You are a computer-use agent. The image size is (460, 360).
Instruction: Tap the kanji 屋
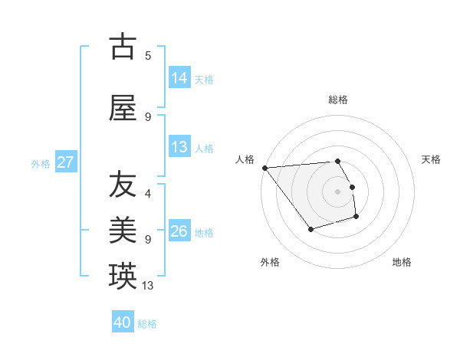pyautogui.click(x=123, y=108)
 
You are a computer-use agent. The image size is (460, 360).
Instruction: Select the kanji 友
pyautogui.click(x=123, y=185)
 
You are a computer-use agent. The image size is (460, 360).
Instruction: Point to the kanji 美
pyautogui.click(x=123, y=231)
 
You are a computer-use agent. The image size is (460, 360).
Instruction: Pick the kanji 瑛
pyautogui.click(x=123, y=277)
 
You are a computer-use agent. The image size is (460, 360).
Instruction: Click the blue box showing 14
pyautogui.click(x=180, y=78)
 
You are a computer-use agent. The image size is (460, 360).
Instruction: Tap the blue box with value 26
pyautogui.click(x=180, y=231)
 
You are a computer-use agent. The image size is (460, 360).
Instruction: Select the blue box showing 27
pyautogui.click(x=66, y=162)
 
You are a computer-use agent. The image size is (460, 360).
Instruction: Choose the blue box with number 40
pyautogui.click(x=123, y=322)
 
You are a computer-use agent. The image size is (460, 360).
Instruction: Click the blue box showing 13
pyautogui.click(x=180, y=147)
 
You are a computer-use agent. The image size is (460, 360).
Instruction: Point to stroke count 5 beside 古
pyautogui.click(x=148, y=55)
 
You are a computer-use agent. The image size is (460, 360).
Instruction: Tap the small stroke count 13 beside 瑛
pyautogui.click(x=149, y=285)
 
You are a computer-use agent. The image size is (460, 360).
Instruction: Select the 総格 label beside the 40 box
pyautogui.click(x=147, y=324)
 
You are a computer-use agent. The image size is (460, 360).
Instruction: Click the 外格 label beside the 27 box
pyautogui.click(x=41, y=163)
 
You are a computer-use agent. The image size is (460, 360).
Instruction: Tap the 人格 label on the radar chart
pyautogui.click(x=245, y=159)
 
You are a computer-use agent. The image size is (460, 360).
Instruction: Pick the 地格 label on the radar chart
pyautogui.click(x=402, y=262)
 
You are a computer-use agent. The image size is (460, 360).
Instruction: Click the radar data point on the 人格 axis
pyautogui.click(x=264, y=168)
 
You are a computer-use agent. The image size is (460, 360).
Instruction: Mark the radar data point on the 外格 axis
pyautogui.click(x=310, y=229)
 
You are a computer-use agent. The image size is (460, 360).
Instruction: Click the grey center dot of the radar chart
pyautogui.click(x=337, y=191)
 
